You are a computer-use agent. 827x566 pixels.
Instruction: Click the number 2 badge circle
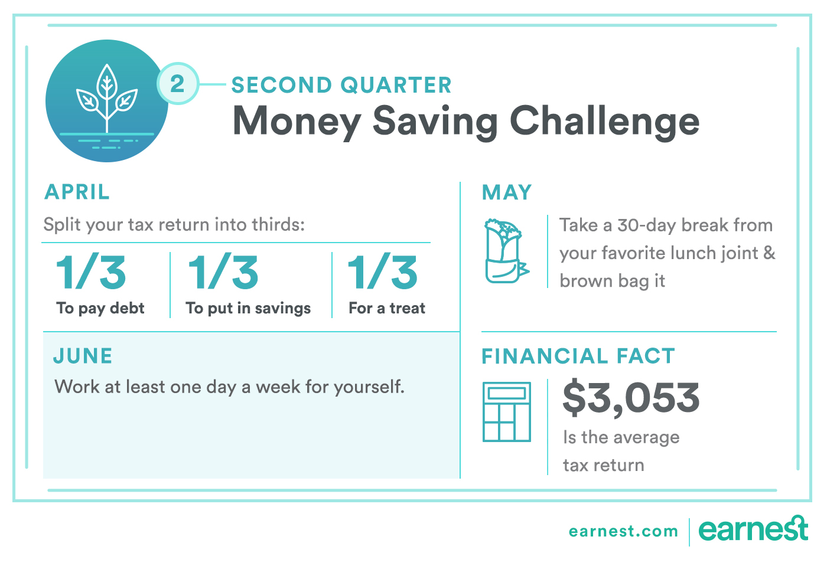click(x=178, y=83)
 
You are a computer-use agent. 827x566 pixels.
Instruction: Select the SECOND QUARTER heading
click(x=341, y=85)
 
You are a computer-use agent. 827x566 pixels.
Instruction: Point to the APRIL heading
click(x=77, y=192)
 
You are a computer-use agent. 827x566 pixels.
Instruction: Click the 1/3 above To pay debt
click(x=91, y=272)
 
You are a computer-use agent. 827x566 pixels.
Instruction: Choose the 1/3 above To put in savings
click(x=223, y=272)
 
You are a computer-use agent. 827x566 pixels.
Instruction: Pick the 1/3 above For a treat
click(x=383, y=272)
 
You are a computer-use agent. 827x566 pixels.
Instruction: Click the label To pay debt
click(x=100, y=309)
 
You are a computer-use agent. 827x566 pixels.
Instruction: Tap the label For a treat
click(x=387, y=307)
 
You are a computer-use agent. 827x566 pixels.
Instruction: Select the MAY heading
click(x=507, y=192)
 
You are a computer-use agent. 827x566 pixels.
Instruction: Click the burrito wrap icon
click(x=506, y=250)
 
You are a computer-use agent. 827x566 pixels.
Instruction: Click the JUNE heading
click(x=83, y=356)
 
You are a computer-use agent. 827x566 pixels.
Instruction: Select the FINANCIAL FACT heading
click(x=578, y=356)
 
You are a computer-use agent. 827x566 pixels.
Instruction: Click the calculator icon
click(x=507, y=412)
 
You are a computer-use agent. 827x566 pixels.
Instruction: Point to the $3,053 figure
click(x=631, y=398)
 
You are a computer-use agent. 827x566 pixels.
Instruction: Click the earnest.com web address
click(x=624, y=531)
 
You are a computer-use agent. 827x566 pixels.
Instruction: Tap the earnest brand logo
click(x=753, y=528)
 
